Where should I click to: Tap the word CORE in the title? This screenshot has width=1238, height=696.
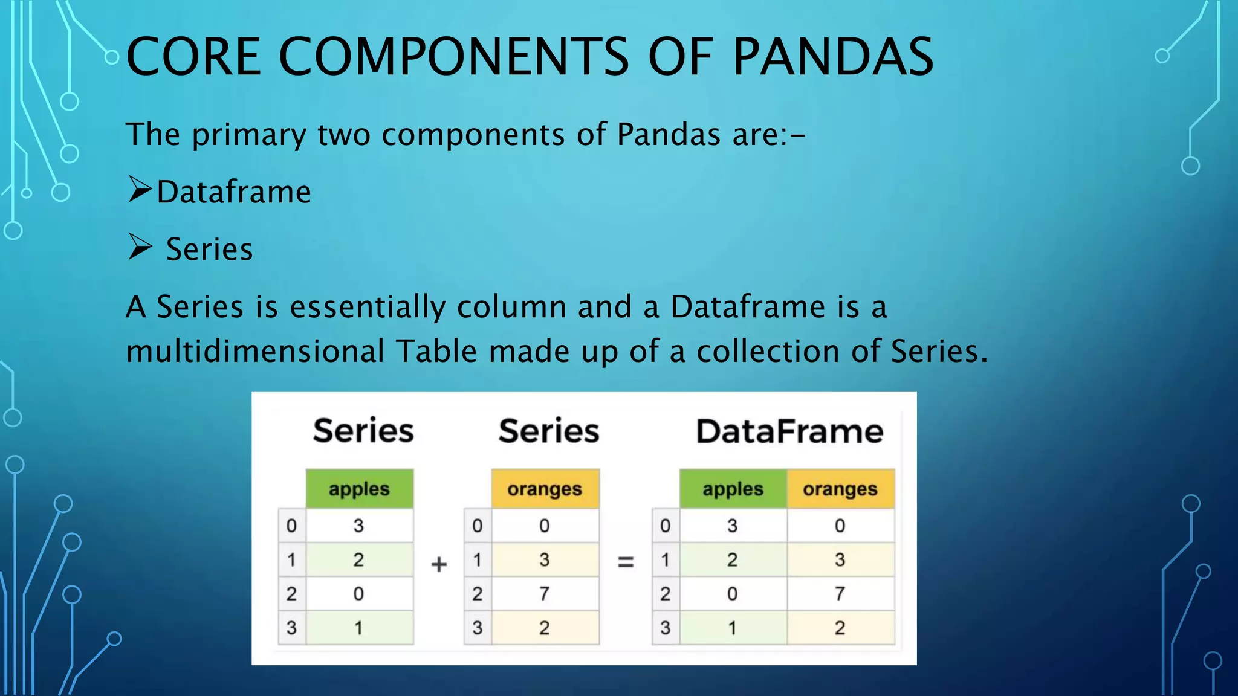[193, 57]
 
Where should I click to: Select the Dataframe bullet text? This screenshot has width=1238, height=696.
[234, 192]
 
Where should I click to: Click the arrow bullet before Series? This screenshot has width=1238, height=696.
[140, 247]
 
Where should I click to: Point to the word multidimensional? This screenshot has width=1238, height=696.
[254, 351]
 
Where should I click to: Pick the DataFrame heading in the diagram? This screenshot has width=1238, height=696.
[789, 431]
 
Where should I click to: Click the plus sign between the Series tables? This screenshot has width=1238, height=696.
[439, 564]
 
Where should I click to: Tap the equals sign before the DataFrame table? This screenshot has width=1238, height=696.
[626, 562]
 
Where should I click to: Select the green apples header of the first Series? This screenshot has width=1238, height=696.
[359, 489]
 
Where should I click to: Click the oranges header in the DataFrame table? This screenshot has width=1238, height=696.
[840, 489]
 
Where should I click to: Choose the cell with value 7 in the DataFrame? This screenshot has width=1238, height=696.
[840, 594]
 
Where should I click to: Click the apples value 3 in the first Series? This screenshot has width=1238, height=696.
[358, 526]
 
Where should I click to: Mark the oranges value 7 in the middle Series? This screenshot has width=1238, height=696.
[544, 594]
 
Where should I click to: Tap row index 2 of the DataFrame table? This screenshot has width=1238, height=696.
[665, 594]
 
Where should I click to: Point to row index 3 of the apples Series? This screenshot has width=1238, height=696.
[291, 628]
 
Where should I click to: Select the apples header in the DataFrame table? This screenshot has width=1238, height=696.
[733, 489]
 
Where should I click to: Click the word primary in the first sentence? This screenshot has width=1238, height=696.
[249, 135]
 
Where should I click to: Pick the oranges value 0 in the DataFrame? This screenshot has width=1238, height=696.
[840, 526]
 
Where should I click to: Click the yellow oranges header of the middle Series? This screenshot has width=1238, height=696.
[544, 489]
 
